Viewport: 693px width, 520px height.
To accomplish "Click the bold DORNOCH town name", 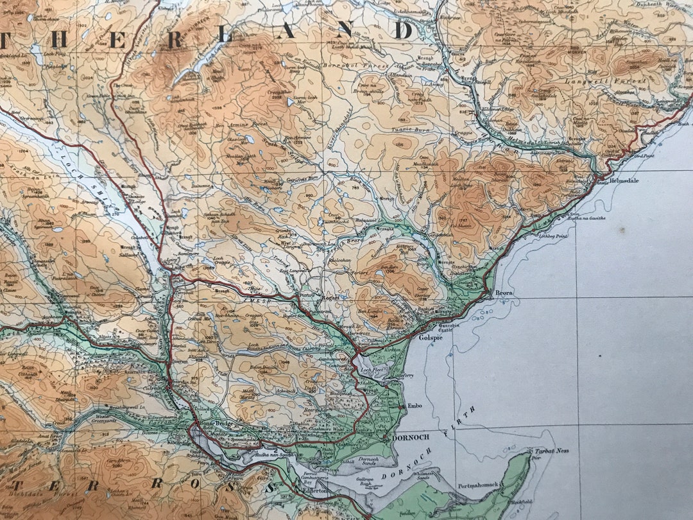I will coord(411,438).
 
